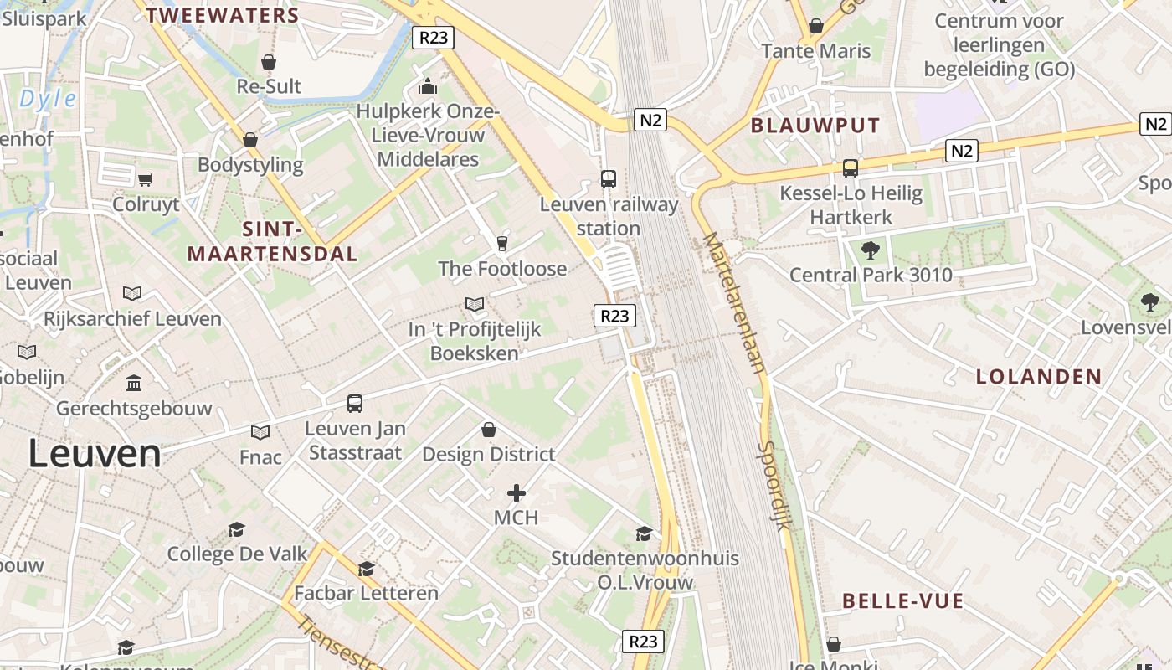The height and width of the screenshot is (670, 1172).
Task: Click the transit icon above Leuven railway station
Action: point(609,178)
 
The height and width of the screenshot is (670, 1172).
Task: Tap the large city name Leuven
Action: point(95,453)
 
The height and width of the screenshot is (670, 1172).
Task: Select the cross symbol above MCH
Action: point(517,493)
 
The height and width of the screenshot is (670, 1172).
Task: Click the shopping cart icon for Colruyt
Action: point(146,179)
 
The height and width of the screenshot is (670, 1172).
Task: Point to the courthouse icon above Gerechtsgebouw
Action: point(134,384)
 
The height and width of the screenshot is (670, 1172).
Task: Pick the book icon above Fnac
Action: point(260,432)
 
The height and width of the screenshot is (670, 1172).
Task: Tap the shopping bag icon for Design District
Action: point(489,430)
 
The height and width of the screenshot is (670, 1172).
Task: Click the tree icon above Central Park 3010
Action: point(871,250)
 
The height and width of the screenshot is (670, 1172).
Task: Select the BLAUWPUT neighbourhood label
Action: point(815,126)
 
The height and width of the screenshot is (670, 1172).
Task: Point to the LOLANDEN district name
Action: point(1039,377)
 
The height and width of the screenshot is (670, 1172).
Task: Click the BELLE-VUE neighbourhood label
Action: point(903,600)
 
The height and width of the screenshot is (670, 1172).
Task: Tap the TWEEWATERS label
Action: point(223,15)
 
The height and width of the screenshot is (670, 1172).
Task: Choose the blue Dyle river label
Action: point(48,100)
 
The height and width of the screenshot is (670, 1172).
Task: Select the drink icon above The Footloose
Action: point(502,244)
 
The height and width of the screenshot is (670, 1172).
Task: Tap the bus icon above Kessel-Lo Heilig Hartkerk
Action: point(851,168)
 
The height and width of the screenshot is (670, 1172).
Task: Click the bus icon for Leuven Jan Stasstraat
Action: point(355,404)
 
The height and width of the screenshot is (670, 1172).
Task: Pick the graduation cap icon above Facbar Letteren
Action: point(366,569)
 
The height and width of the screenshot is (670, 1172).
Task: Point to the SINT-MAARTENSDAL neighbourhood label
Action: point(272,241)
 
